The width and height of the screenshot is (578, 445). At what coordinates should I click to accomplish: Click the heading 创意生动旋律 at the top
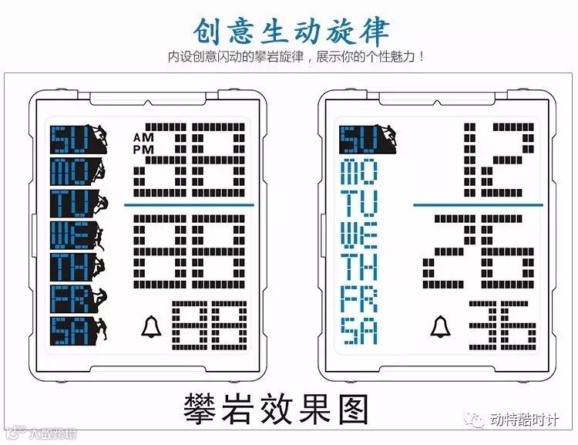[x=291, y=29]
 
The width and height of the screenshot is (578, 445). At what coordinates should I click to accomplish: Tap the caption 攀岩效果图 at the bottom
[x=289, y=407]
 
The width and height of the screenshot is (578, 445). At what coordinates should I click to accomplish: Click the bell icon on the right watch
[x=440, y=327]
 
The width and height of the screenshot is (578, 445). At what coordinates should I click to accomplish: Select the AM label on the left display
[x=143, y=137]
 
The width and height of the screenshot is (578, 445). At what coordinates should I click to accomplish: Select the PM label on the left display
[x=143, y=148]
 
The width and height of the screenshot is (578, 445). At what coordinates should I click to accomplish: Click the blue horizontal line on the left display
[x=189, y=205]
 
